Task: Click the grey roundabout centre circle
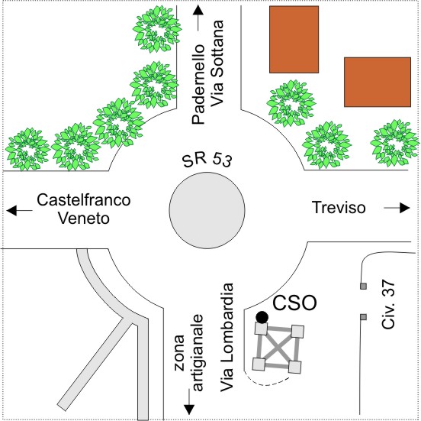coord(207,210)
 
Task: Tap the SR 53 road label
coord(207,160)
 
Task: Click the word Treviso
coord(339,208)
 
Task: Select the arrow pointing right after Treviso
coord(397,208)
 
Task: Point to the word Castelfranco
coord(84,200)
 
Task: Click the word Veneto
coord(84,219)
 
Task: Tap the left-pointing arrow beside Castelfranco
coord(19,210)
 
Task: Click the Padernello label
coord(198,84)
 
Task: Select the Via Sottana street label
coord(217,63)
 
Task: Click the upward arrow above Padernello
coord(198,18)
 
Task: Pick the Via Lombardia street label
coord(227,337)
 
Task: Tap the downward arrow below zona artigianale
coord(190,402)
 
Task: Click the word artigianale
coord(198,353)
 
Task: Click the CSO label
coord(294,303)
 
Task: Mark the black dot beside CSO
coord(262,317)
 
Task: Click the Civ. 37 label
coord(388,305)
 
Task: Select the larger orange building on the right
coord(378,82)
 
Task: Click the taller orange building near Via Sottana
coord(294,40)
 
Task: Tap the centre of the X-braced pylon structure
coord(278,348)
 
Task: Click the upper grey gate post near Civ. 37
coord(363,286)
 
